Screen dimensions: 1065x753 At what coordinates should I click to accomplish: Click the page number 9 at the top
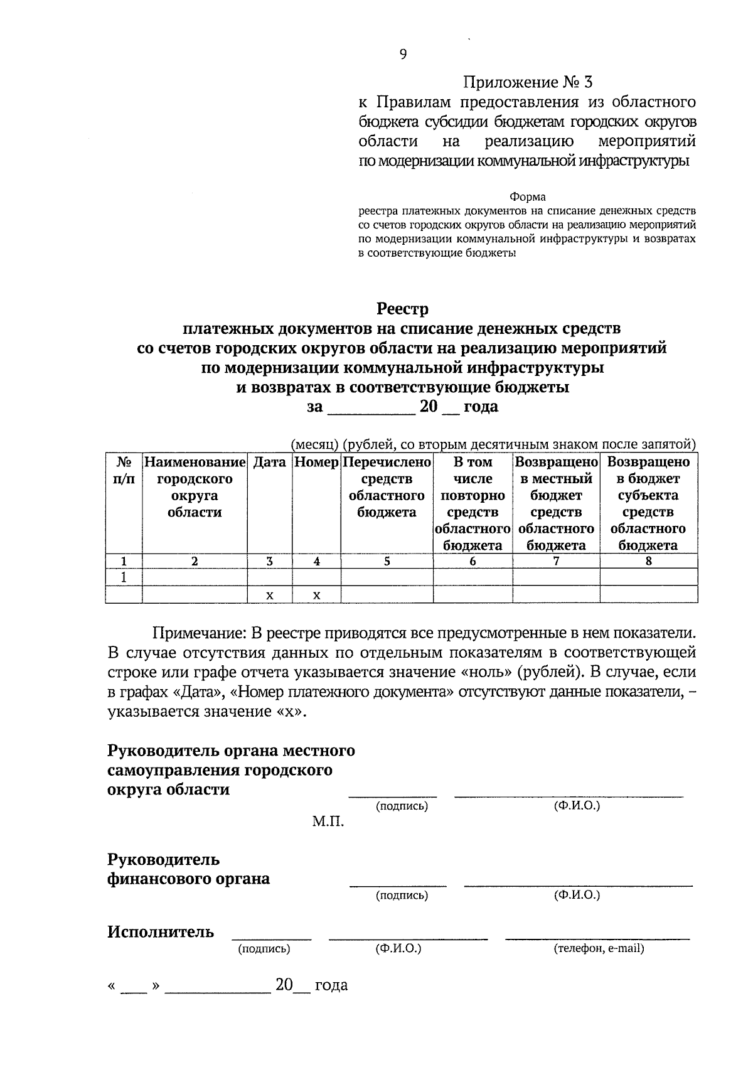[403, 55]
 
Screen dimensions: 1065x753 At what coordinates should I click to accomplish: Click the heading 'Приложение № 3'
[527, 82]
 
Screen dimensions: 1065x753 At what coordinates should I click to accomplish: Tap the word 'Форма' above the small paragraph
[527, 197]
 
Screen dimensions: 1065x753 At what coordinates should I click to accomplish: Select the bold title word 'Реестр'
[402, 309]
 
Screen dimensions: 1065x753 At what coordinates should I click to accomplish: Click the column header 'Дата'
[269, 463]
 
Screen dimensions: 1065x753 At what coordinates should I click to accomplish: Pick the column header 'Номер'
[317, 463]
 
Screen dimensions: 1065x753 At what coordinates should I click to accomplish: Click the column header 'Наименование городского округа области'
[195, 487]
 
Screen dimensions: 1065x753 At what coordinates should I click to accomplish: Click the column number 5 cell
[387, 562]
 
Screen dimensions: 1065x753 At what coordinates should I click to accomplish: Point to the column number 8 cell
[648, 562]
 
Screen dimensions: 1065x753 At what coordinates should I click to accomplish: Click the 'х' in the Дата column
[269, 595]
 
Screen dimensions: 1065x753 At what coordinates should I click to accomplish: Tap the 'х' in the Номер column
[317, 595]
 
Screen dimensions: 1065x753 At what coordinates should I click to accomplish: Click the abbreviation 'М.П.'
[328, 821]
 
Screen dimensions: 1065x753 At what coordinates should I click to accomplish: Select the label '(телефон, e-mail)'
[599, 948]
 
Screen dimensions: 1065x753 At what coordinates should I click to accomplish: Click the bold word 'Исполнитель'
[161, 932]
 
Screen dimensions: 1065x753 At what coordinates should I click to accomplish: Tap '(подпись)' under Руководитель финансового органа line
[402, 895]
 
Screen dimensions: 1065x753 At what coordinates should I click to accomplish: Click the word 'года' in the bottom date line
[331, 985]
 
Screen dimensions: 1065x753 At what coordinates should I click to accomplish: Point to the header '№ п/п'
[124, 471]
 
